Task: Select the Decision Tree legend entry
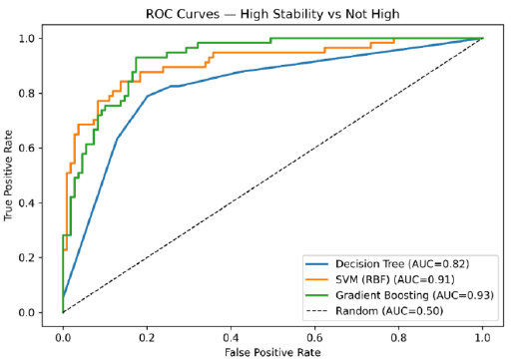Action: [x=402, y=264]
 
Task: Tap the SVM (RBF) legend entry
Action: [x=395, y=279]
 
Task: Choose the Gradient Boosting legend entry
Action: [x=414, y=295]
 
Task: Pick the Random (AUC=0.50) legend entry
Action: [x=389, y=311]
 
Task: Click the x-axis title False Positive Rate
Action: [x=272, y=352]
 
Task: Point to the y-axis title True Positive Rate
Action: [x=8, y=176]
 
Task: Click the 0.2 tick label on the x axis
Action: [x=147, y=338]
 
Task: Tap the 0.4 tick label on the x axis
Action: [x=231, y=338]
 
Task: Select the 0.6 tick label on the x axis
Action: [x=314, y=338]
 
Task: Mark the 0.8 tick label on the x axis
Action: [x=398, y=338]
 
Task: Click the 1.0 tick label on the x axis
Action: [x=482, y=338]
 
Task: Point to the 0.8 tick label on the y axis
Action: [x=26, y=94]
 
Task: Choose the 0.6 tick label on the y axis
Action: [x=26, y=149]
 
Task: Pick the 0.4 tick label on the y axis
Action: [x=26, y=203]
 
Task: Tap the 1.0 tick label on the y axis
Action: [x=26, y=39]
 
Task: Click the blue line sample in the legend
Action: [x=317, y=264]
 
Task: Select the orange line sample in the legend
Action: [x=317, y=279]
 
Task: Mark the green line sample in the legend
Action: [x=317, y=295]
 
